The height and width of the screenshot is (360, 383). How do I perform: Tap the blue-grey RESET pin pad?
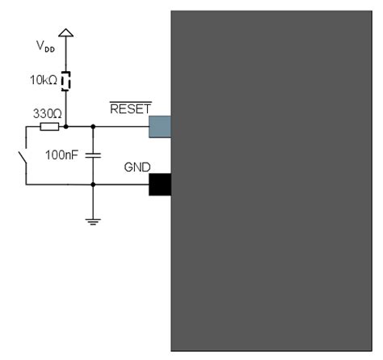pyautogui.click(x=159, y=126)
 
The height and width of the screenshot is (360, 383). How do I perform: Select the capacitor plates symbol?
pyautogui.click(x=95, y=154)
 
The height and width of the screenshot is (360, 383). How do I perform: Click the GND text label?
pyautogui.click(x=136, y=167)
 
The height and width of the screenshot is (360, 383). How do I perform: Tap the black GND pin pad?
pyautogui.click(x=159, y=184)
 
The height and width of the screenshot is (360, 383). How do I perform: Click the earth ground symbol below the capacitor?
pyautogui.click(x=95, y=219)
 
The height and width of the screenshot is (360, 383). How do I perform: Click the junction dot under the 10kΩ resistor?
pyautogui.click(x=68, y=126)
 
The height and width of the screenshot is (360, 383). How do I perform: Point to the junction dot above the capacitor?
pyautogui.click(x=95, y=126)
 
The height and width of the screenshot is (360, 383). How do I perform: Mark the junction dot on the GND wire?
pyautogui.click(x=95, y=184)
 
